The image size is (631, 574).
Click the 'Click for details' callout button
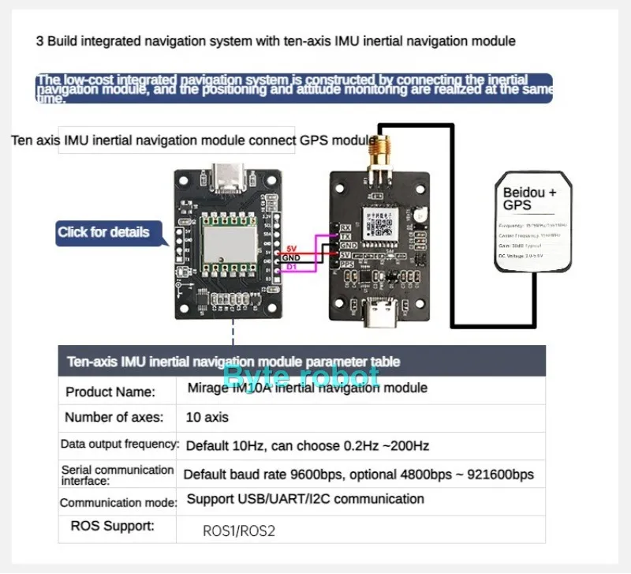click(x=103, y=232)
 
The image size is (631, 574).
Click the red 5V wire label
click(x=291, y=248)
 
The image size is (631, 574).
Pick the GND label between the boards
click(x=291, y=257)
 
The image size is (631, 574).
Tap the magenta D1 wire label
click(x=291, y=267)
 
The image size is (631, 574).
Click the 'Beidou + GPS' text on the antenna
click(x=529, y=198)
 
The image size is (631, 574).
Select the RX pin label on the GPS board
click(x=345, y=227)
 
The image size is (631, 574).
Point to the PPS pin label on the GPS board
click(x=346, y=264)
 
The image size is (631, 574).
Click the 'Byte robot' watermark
click(x=301, y=376)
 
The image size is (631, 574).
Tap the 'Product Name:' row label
click(x=110, y=392)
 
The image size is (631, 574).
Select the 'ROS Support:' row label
click(x=112, y=525)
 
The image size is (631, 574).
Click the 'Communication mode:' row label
click(x=119, y=502)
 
